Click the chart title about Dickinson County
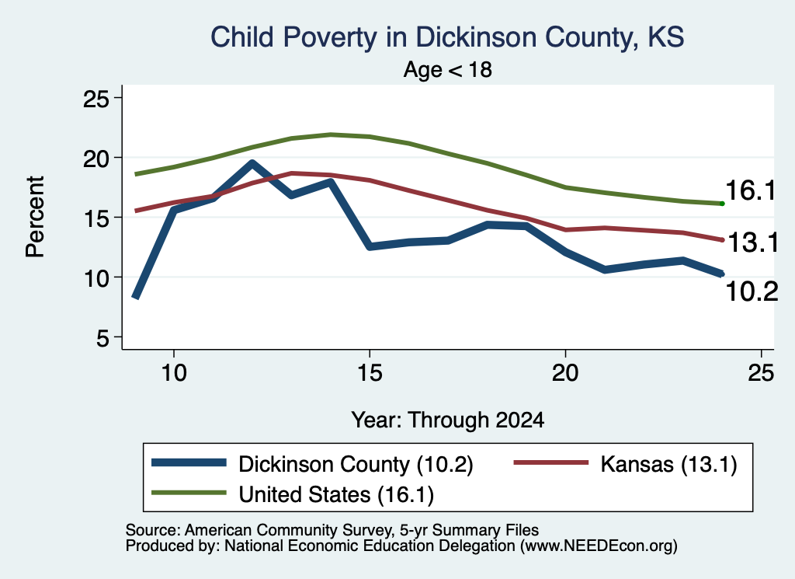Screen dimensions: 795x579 (447, 37)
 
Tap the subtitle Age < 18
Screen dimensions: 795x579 (448, 69)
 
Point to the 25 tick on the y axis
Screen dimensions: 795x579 (95, 99)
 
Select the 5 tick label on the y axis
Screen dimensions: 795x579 (103, 338)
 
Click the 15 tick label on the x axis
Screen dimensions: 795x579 (370, 374)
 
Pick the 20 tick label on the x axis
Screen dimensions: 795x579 (565, 374)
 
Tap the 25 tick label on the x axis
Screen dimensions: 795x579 (761, 374)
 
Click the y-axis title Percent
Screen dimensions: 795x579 (35, 217)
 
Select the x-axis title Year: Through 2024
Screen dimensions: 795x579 (448, 420)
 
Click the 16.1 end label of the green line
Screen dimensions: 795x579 (751, 191)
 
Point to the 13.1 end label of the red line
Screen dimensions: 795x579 (753, 242)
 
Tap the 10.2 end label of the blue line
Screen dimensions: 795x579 (752, 291)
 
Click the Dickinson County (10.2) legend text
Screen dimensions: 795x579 (356, 464)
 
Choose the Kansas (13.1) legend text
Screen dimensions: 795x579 (668, 464)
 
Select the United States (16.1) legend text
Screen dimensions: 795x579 (336, 495)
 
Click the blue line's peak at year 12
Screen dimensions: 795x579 (252, 163)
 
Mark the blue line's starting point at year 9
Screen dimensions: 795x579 (135, 297)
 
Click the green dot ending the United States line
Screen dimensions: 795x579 (722, 204)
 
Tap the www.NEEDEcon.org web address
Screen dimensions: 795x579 (599, 546)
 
